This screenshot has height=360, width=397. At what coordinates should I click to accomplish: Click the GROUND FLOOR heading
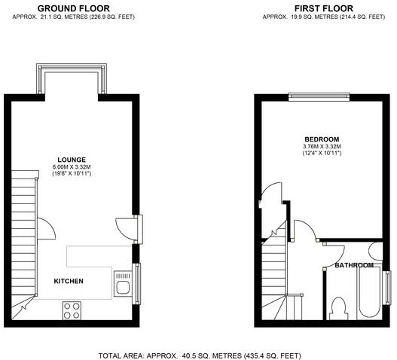point(73,8)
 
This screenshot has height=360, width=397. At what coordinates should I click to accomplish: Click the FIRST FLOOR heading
point(324,8)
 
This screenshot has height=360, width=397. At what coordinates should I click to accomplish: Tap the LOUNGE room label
point(72,160)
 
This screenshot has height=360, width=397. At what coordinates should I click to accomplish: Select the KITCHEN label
point(69,281)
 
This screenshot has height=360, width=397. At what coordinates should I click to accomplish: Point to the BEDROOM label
point(322,139)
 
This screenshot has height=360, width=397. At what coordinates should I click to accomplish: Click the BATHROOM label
point(354,265)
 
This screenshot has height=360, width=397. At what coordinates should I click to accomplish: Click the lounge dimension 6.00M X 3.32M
point(72,167)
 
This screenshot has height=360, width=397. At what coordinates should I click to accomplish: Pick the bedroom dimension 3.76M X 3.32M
point(322,146)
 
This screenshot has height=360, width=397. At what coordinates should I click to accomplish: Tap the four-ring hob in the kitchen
point(72,310)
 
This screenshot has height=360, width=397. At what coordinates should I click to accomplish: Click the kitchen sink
point(123,284)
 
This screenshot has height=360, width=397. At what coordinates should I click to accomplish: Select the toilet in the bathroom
point(338,309)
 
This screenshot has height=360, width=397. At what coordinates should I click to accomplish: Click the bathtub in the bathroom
point(368,291)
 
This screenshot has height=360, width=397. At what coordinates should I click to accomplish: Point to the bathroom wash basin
point(376,251)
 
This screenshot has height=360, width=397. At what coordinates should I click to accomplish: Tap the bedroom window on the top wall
point(319,97)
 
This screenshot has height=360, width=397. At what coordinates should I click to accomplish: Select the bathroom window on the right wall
point(387,288)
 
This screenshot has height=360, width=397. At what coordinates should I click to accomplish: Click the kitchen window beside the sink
point(137,283)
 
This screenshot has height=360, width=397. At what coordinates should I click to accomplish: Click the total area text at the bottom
point(200,355)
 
